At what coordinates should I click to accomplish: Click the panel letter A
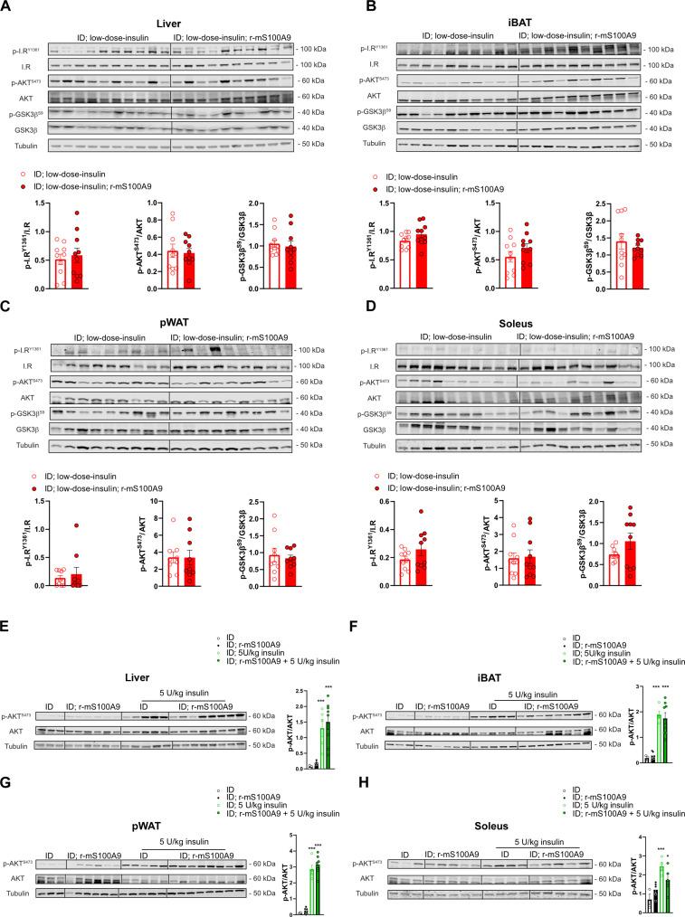tap(8, 7)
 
